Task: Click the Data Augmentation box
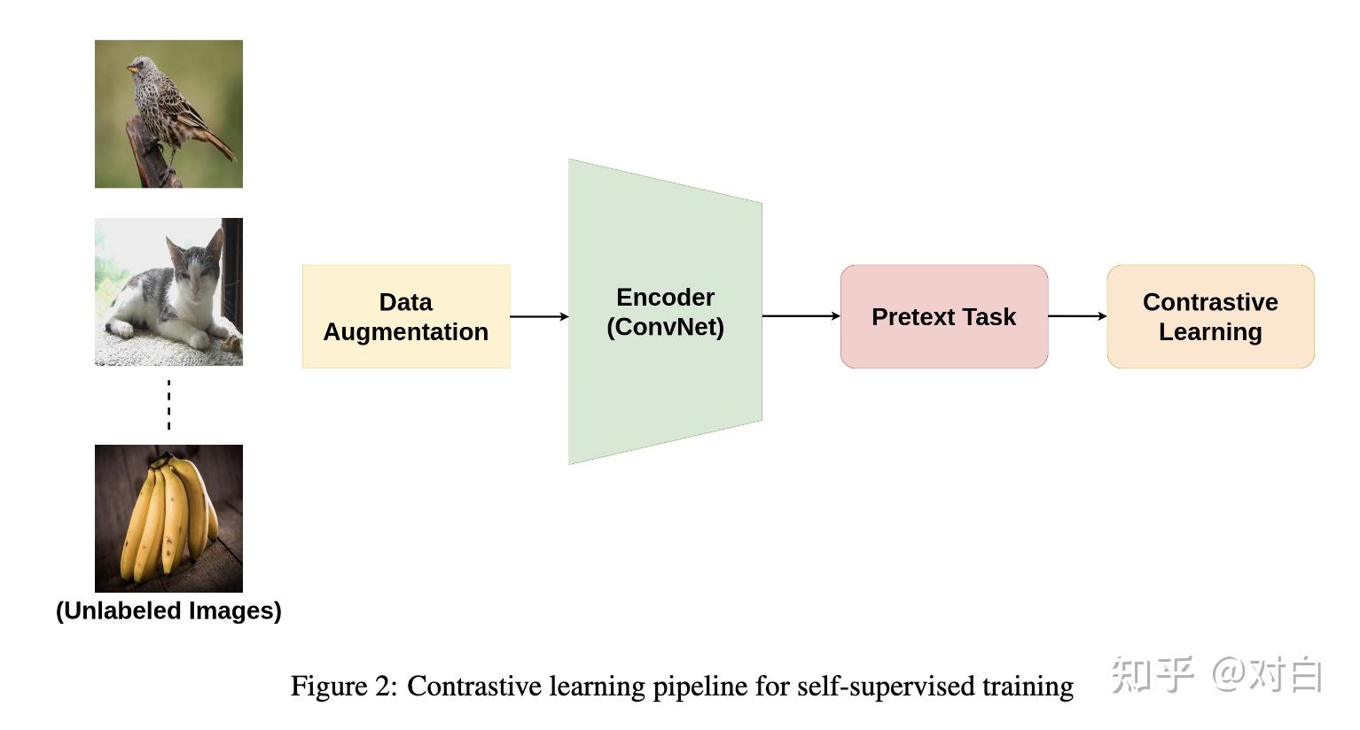click(x=406, y=316)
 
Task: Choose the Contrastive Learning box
click(x=1210, y=316)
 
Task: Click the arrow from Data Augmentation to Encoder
click(x=539, y=316)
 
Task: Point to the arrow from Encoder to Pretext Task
click(x=801, y=315)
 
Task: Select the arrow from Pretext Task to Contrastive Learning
click(x=1077, y=315)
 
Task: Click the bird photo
click(x=168, y=113)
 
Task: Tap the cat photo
click(x=168, y=291)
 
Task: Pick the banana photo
click(x=168, y=518)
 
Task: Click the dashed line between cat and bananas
click(x=168, y=405)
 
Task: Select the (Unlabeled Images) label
click(x=168, y=610)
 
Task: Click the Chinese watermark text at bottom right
click(x=1216, y=675)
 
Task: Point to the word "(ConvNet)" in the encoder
click(x=665, y=327)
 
